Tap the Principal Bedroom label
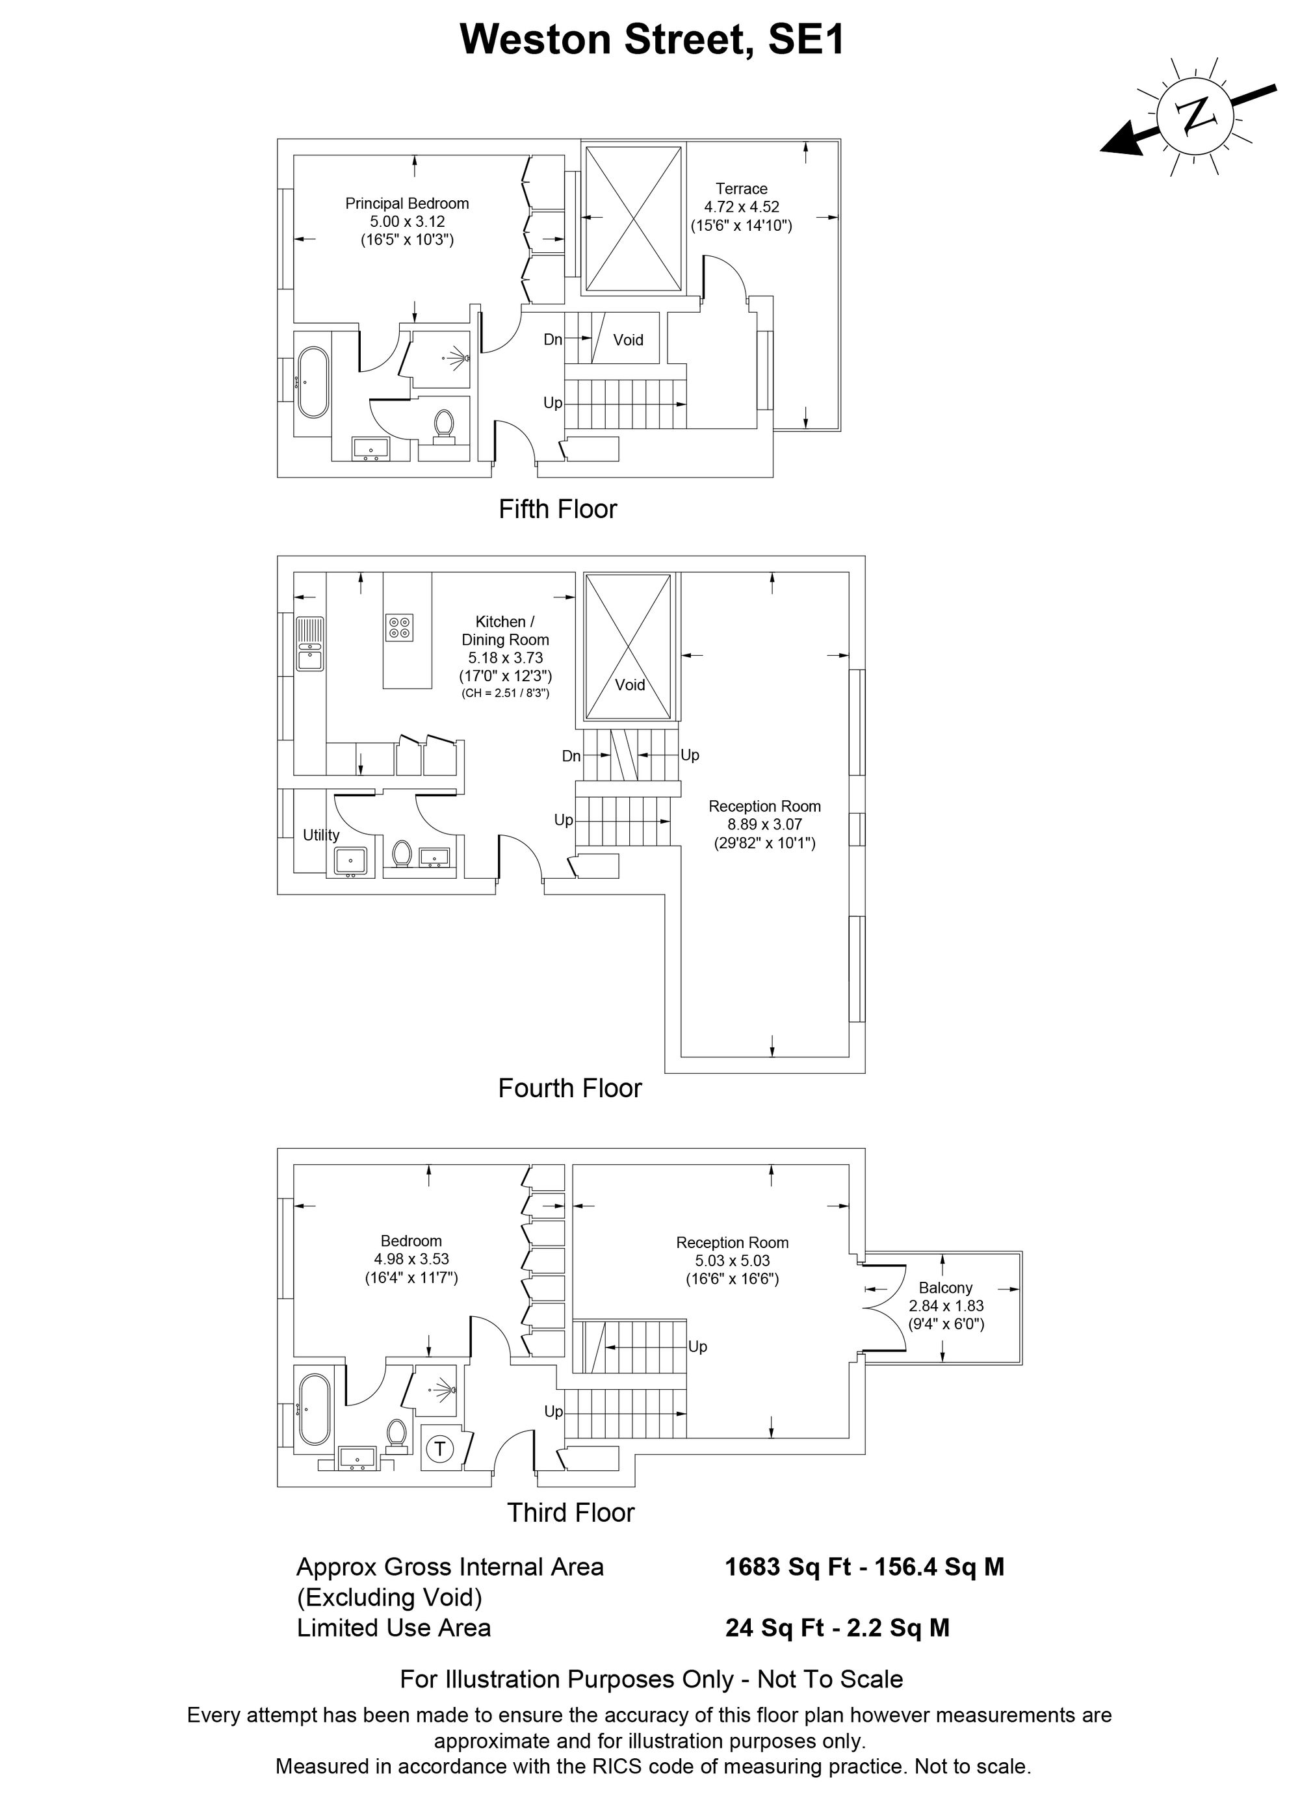tap(407, 203)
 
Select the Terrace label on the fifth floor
tap(741, 189)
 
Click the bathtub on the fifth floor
tap(311, 382)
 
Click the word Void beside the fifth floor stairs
tap(628, 340)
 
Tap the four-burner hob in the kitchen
tap(398, 626)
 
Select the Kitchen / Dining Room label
tap(506, 630)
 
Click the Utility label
tap(320, 835)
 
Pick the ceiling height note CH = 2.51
tap(506, 693)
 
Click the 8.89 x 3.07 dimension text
tap(764, 825)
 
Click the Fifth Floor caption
tap(558, 509)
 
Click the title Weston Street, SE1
tap(651, 39)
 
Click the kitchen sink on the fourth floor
tap(309, 644)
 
